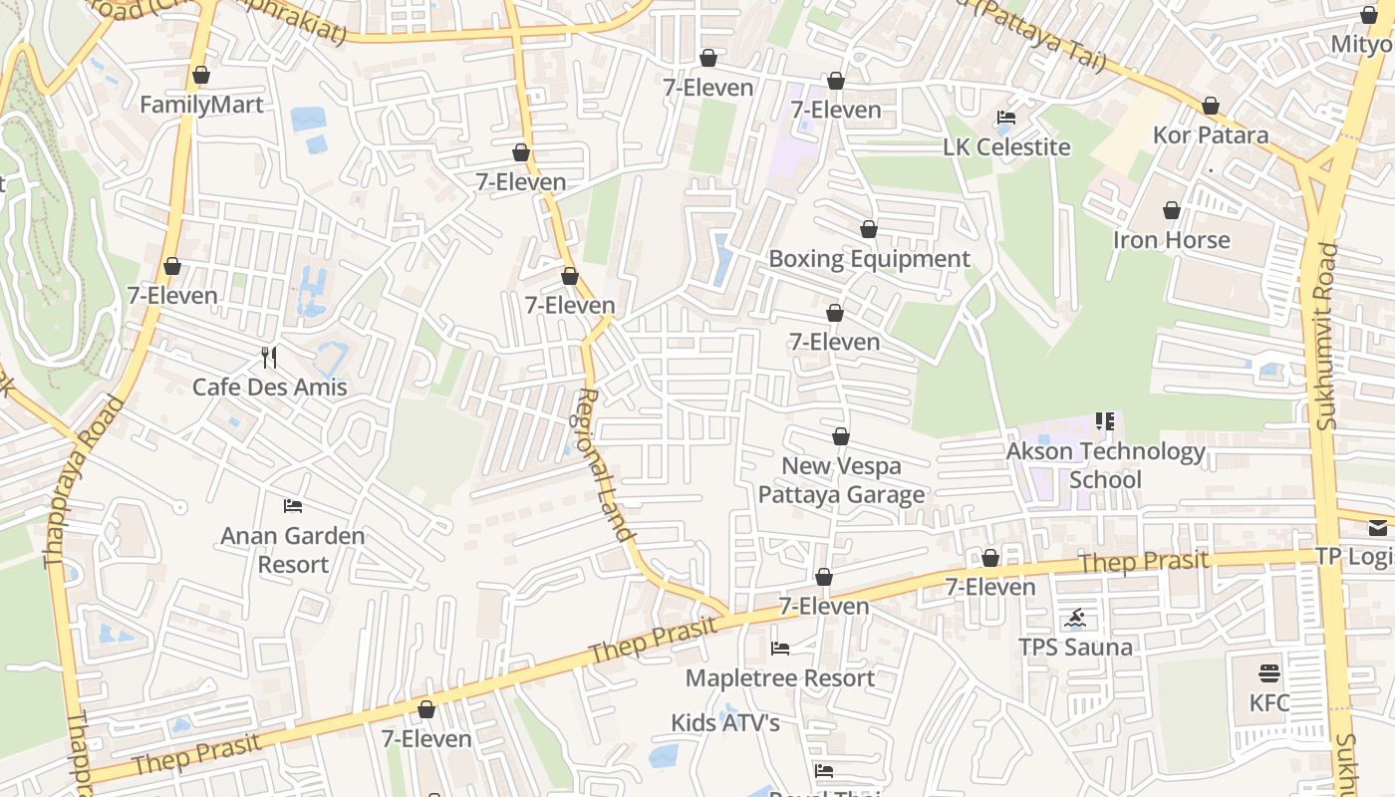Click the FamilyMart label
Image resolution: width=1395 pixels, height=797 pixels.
[201, 105]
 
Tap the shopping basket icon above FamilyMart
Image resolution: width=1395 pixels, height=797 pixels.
[201, 76]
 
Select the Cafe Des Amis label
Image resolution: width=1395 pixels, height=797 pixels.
[269, 387]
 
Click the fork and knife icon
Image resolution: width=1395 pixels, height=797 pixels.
[268, 357]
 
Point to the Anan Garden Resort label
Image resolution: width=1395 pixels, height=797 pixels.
[293, 550]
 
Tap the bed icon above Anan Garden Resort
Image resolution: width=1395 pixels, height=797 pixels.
[293, 506]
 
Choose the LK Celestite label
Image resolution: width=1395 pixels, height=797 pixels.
[1006, 146]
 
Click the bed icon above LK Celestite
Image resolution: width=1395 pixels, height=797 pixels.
[1006, 118]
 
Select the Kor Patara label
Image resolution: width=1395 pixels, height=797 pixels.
[1211, 134]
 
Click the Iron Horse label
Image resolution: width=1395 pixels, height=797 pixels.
[1171, 239]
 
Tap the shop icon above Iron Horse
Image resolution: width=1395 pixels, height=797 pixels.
[1171, 210]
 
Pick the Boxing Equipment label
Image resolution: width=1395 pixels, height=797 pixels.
[869, 259]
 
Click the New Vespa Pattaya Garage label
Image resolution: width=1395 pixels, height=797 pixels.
[841, 480]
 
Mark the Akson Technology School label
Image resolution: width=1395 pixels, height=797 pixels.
[1105, 465]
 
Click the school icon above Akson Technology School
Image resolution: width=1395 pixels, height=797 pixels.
[1104, 421]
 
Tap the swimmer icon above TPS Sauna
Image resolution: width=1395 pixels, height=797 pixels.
[1075, 619]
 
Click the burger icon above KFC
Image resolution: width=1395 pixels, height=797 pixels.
[1268, 673]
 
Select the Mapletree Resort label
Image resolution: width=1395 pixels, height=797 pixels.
[780, 678]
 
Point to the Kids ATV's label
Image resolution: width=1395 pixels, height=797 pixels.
[724, 722]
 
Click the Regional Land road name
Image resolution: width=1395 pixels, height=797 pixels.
[605, 463]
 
